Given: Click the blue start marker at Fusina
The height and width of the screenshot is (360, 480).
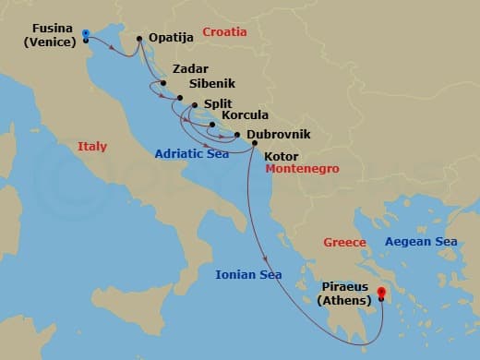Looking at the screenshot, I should click(85, 32).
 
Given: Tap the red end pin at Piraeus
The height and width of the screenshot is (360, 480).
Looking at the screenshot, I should click(381, 293).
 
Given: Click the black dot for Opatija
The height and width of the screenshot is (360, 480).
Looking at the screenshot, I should click(138, 39).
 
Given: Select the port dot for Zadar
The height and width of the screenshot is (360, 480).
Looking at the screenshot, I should click(162, 83).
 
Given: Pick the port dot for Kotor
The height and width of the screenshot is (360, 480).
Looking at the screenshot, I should click(254, 143).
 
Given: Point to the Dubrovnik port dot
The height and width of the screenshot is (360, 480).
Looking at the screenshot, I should click(237, 135).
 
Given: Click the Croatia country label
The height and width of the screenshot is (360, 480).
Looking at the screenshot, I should click(224, 31).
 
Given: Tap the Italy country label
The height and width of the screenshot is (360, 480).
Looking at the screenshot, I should click(92, 146).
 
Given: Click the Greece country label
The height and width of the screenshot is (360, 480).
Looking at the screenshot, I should click(345, 242).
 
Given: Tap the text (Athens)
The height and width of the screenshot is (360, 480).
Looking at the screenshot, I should click(343, 301).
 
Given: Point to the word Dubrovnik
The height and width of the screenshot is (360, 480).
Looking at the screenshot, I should click(278, 135).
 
